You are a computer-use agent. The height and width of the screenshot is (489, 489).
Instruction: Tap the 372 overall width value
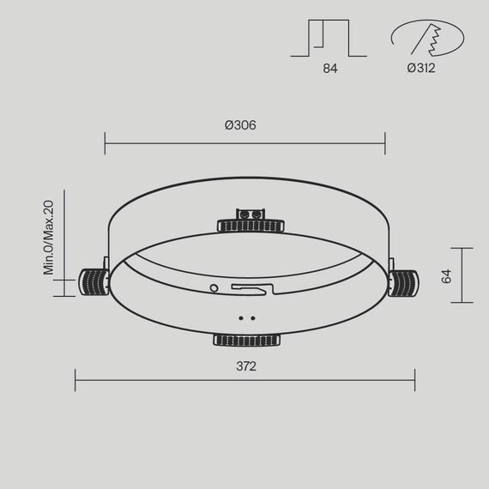click(245, 366)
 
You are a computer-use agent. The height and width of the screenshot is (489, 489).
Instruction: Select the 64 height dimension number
click(446, 276)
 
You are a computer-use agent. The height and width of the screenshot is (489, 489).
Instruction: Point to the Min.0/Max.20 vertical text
click(49, 238)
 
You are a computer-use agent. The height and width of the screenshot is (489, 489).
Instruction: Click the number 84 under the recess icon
click(330, 68)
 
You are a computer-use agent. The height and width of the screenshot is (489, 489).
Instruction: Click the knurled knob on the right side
click(402, 282)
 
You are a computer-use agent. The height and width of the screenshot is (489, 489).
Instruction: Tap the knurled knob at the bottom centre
click(247, 341)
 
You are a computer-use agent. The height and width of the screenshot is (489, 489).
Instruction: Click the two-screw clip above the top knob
click(252, 212)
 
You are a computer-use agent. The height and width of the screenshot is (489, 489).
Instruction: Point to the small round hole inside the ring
click(214, 287)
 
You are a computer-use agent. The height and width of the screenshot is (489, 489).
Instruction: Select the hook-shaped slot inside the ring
click(254, 290)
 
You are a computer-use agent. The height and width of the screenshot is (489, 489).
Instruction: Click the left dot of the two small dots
click(241, 317)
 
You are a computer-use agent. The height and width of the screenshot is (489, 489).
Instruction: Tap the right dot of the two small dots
click(253, 317)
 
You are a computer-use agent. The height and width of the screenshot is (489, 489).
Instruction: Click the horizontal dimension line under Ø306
click(244, 143)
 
